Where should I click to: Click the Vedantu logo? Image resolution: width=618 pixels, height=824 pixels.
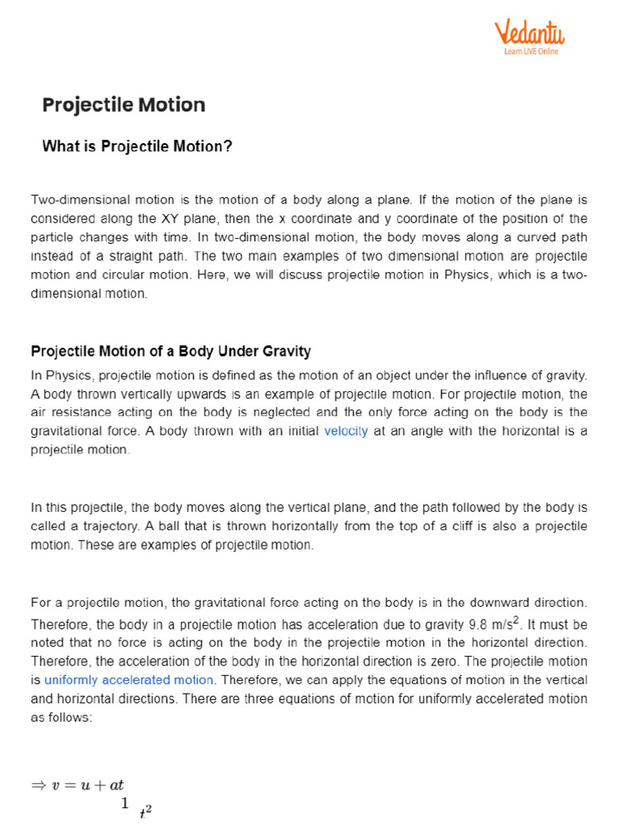point(529,33)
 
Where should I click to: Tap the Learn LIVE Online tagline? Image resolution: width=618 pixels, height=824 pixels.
point(530,51)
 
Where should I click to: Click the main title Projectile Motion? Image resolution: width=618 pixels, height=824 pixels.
point(123,105)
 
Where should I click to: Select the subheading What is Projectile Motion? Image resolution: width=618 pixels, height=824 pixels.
point(137,146)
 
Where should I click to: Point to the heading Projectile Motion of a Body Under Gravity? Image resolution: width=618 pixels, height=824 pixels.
point(171,352)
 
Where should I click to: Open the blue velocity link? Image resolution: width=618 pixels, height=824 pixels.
point(346,431)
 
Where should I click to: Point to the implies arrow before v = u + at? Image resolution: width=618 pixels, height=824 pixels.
point(39,785)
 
